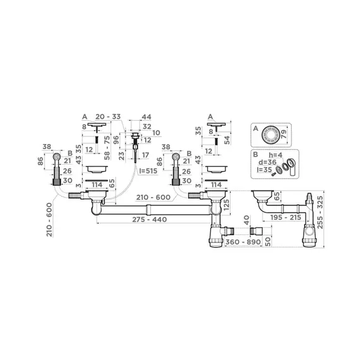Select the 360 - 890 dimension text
[x=242, y=243]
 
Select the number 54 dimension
[x=225, y=138]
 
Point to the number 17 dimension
[x=145, y=155]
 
